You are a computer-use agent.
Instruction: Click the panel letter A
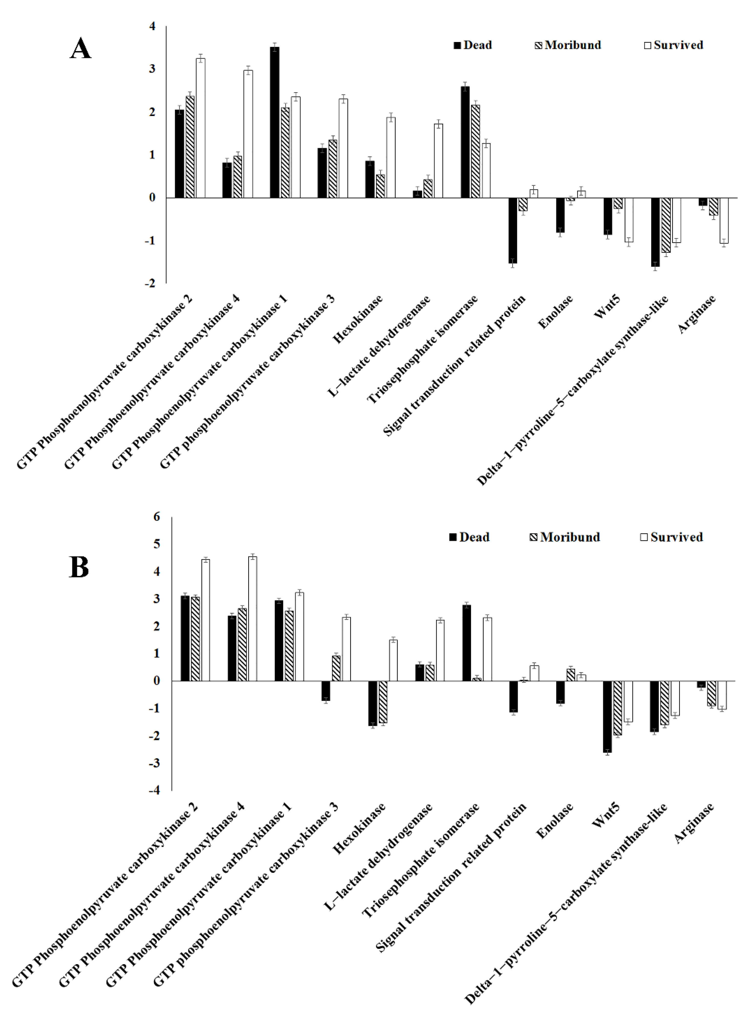click(x=80, y=48)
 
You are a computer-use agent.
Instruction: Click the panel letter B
click(x=79, y=567)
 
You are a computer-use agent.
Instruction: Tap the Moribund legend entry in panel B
click(x=565, y=537)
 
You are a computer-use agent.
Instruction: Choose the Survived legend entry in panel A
click(x=673, y=45)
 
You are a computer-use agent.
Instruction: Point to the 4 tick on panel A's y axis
click(x=152, y=26)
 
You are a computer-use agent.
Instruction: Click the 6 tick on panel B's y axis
click(x=157, y=517)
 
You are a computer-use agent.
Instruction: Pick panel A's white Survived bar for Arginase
click(x=724, y=220)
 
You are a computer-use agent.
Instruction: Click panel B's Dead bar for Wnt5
click(x=607, y=717)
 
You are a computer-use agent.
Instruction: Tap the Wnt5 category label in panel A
click(x=607, y=307)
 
